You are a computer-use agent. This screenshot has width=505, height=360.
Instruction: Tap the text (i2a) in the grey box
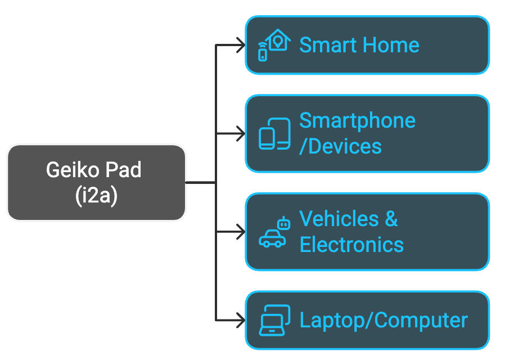point(96,196)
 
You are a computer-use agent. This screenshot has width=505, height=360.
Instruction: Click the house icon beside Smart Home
point(278,40)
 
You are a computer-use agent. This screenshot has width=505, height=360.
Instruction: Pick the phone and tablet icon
point(274,134)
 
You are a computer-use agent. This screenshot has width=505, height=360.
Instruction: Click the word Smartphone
point(357,120)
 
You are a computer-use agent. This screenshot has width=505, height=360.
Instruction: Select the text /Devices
point(340,146)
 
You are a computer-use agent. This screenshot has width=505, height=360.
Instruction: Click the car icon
point(272,238)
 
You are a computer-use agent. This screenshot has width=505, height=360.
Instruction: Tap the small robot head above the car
point(283,223)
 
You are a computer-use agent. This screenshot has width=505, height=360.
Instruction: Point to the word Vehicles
point(339,219)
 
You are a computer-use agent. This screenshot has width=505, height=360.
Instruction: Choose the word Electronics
point(351,245)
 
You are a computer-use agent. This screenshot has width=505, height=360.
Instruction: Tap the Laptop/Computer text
point(384,320)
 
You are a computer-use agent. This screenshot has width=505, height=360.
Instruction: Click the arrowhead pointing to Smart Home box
point(240,45)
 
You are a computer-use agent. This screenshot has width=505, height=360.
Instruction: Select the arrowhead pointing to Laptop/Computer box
point(240,321)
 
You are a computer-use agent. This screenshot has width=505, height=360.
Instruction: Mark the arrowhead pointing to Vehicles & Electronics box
point(240,232)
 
